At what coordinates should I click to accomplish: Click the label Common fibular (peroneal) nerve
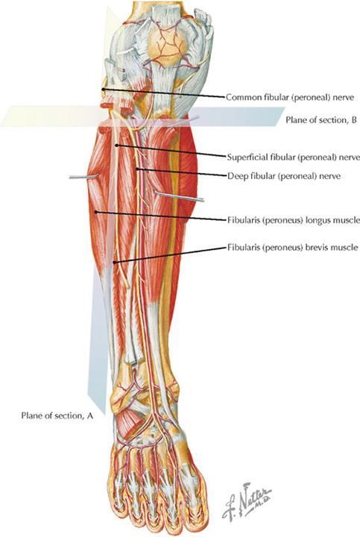[x=289, y=97]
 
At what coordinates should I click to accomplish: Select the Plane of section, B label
[x=321, y=120]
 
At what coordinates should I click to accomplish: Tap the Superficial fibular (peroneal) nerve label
[x=293, y=157]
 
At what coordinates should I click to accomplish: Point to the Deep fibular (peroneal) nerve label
[x=284, y=176]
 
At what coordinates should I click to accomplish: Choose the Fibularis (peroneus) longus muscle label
[x=293, y=220]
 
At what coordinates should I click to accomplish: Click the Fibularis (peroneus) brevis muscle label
[x=293, y=248]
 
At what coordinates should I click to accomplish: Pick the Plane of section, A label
[x=57, y=415]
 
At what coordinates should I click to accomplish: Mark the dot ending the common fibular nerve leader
[x=103, y=89]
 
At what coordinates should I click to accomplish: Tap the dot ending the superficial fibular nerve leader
[x=117, y=145]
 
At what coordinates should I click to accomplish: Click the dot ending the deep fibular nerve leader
[x=137, y=169]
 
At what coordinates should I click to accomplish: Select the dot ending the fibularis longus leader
[x=96, y=212]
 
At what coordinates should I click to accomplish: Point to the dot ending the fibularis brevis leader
[x=115, y=263]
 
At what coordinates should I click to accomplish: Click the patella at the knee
[x=167, y=45]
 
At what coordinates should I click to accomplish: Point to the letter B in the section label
[x=354, y=120]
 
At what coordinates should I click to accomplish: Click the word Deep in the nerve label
[x=235, y=176]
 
